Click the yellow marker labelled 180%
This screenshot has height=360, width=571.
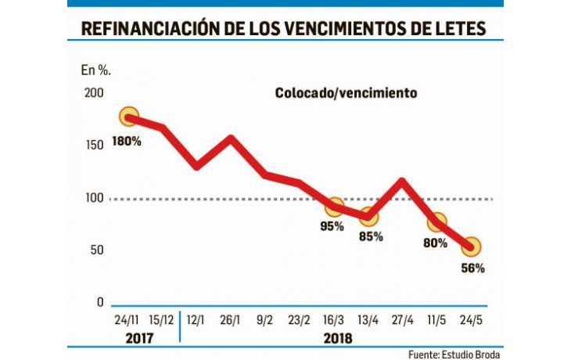tap(129, 117)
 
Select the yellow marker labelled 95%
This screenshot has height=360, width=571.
tap(335, 207)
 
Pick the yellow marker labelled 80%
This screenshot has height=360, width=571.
tap(437, 222)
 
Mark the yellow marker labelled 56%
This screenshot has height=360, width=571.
tap(471, 247)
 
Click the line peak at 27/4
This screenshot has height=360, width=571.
tap(402, 182)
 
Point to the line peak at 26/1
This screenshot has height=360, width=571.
tap(232, 140)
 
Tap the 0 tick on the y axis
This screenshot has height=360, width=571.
tap(99, 303)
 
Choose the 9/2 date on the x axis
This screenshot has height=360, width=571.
tap(266, 321)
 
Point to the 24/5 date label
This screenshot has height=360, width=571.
tap(471, 321)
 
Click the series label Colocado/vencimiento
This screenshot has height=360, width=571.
tap(346, 92)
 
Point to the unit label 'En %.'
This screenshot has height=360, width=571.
tap(95, 70)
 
